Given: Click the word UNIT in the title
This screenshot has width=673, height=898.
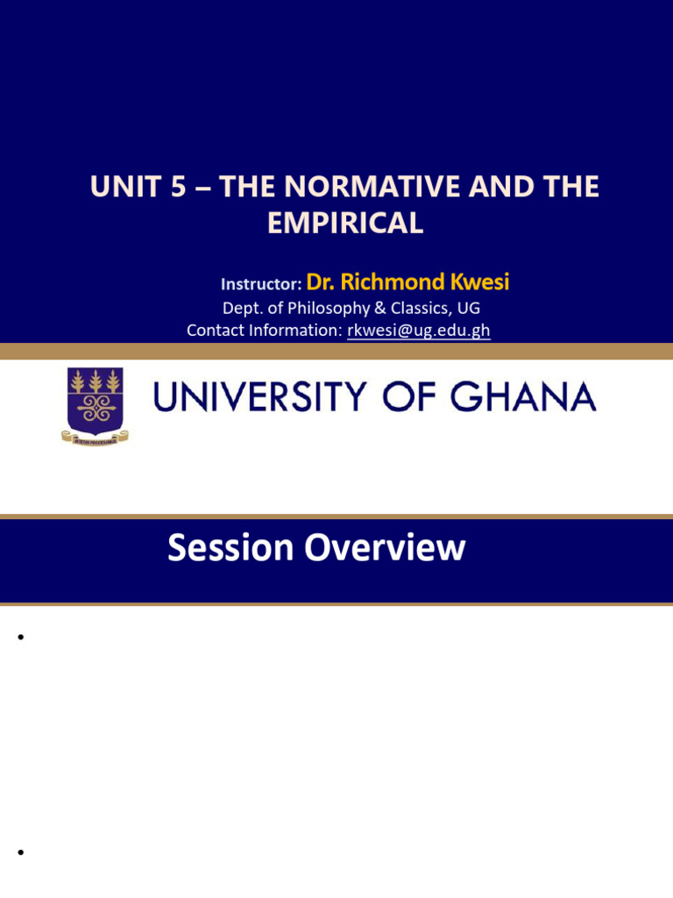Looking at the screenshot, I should click(x=119, y=188).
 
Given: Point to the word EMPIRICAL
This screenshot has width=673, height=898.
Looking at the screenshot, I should click(x=345, y=223).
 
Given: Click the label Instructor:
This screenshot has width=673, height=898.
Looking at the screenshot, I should click(x=261, y=284).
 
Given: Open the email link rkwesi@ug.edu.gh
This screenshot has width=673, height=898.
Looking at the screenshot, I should click(x=419, y=331).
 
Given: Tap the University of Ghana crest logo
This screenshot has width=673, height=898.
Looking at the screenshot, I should click(x=95, y=404).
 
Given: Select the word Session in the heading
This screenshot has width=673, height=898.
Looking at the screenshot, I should click(x=230, y=548).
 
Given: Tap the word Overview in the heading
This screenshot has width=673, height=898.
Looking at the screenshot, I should click(x=385, y=548).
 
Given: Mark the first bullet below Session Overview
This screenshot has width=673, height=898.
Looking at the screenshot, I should click(x=19, y=638).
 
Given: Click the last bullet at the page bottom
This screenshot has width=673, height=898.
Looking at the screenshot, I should click(x=19, y=852).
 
